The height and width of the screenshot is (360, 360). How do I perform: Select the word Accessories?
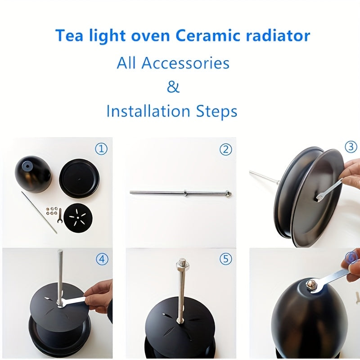coord(185,63)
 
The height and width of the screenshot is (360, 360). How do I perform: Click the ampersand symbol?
coord(173,86)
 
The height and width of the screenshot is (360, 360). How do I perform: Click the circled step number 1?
coord(101,148)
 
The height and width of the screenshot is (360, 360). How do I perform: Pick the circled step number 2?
coord(225,149)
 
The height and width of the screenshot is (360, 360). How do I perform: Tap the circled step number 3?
coord(351,147)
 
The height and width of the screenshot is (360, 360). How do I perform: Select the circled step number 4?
coord(102,259)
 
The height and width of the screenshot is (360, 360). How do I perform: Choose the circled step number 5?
coord(225,259)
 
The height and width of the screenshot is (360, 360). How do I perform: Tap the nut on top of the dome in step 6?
coord(310,284)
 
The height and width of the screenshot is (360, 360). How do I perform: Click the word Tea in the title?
coord(68,36)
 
